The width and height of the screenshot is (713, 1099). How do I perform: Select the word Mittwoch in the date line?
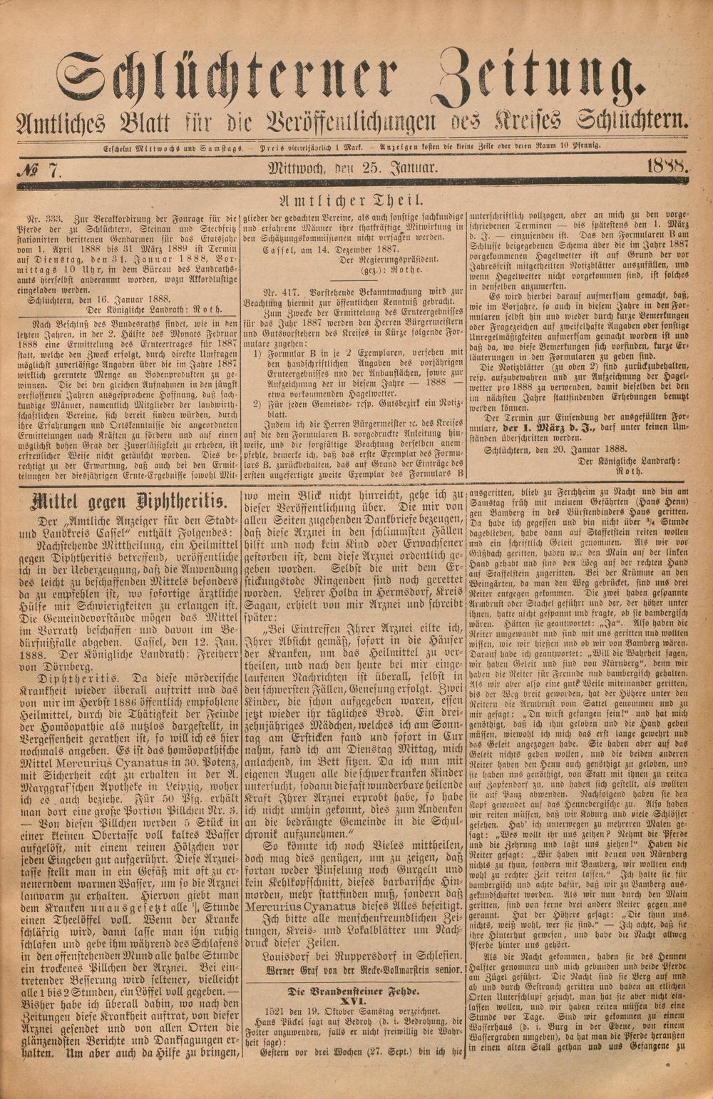point(297,169)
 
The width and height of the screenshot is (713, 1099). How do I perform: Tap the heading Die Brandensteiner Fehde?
point(353,991)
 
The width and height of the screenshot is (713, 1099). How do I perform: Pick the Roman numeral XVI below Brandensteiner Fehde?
point(353,1001)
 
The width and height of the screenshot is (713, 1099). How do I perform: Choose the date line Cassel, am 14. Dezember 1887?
point(319,250)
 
